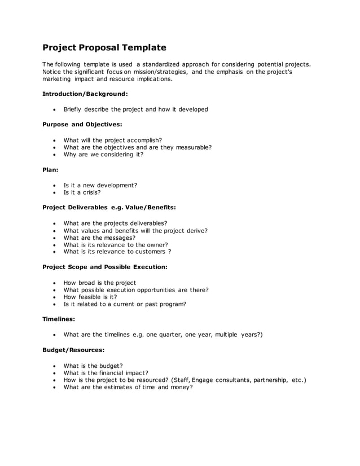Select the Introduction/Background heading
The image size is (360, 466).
click(x=85, y=94)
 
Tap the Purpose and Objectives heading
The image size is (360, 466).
click(x=82, y=124)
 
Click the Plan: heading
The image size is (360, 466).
click(x=51, y=169)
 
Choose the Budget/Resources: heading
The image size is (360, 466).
click(x=73, y=350)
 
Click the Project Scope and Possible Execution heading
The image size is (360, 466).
click(x=105, y=266)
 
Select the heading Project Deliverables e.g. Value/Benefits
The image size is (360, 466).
click(x=109, y=207)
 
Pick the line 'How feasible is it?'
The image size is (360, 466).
click(x=90, y=297)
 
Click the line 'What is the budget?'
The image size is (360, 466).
click(x=93, y=365)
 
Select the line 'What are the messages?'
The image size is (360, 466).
click(x=99, y=238)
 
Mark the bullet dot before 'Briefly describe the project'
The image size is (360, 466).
click(x=54, y=109)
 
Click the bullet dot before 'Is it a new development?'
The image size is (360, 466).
click(x=54, y=185)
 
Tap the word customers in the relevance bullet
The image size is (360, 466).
click(x=148, y=252)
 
